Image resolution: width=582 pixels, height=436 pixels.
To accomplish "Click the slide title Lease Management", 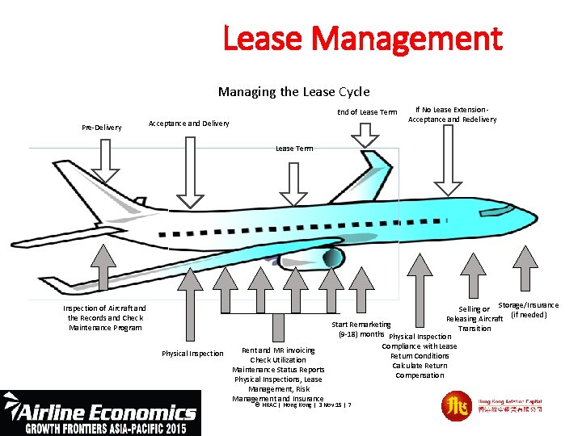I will point(362,37).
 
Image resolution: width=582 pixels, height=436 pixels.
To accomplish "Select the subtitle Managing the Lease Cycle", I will point(293,92).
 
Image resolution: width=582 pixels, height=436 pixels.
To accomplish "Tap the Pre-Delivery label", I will point(102,128).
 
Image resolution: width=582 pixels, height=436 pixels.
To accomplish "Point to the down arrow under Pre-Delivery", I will point(105,161).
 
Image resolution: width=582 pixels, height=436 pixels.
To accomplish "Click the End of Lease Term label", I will point(367,112).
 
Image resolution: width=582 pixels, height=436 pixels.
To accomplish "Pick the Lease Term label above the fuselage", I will point(294,149).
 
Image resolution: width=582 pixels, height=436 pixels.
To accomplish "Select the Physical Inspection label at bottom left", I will point(192,354).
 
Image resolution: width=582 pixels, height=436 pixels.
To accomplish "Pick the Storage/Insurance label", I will point(528,305).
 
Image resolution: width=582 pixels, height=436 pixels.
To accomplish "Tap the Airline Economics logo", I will point(100,412).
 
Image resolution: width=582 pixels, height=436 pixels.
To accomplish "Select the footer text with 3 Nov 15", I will point(303,405).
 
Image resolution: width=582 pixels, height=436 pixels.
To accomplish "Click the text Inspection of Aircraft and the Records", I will point(105,313).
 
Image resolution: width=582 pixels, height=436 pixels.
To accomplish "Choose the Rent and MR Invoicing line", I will point(278,350).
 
